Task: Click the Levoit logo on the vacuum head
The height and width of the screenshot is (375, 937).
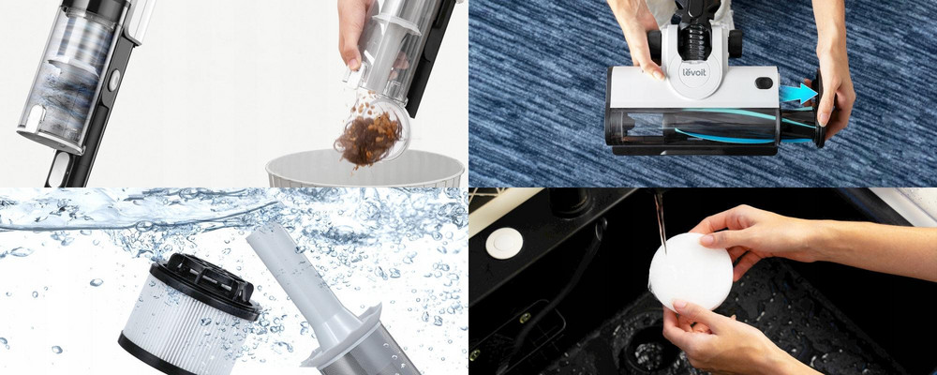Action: point(694,73)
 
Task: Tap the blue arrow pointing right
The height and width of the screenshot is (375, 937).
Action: point(797,94)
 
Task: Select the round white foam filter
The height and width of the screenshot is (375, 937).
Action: point(691,272)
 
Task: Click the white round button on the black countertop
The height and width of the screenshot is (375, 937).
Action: point(504,243)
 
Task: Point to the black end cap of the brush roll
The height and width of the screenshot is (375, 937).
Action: point(821,110)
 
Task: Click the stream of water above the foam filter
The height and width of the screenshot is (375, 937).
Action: point(660,219)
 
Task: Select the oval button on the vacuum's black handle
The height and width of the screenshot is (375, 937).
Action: point(113,80)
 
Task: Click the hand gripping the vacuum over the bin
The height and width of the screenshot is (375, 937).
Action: point(356,31)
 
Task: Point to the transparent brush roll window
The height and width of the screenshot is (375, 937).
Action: point(710,127)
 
